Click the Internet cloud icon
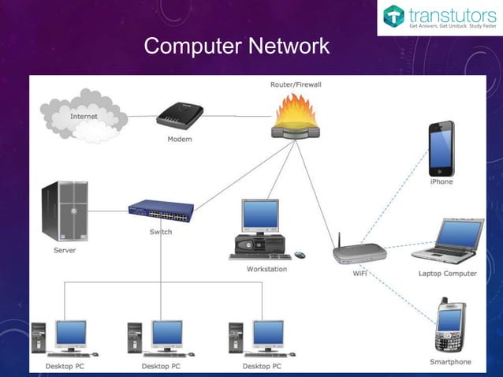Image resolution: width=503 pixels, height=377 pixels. pos(84,116)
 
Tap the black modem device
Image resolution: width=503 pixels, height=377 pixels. pos(180,117)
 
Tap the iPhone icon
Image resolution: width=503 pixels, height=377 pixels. pos(441,148)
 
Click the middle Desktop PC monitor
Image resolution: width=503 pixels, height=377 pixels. pos(166,334)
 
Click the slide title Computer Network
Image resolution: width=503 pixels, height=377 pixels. pos(237,47)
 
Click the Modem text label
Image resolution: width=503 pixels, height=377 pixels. pos(179,140)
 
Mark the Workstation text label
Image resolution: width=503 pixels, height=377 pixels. pos(266,269)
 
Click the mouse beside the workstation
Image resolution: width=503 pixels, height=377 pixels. pos(300,255)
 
